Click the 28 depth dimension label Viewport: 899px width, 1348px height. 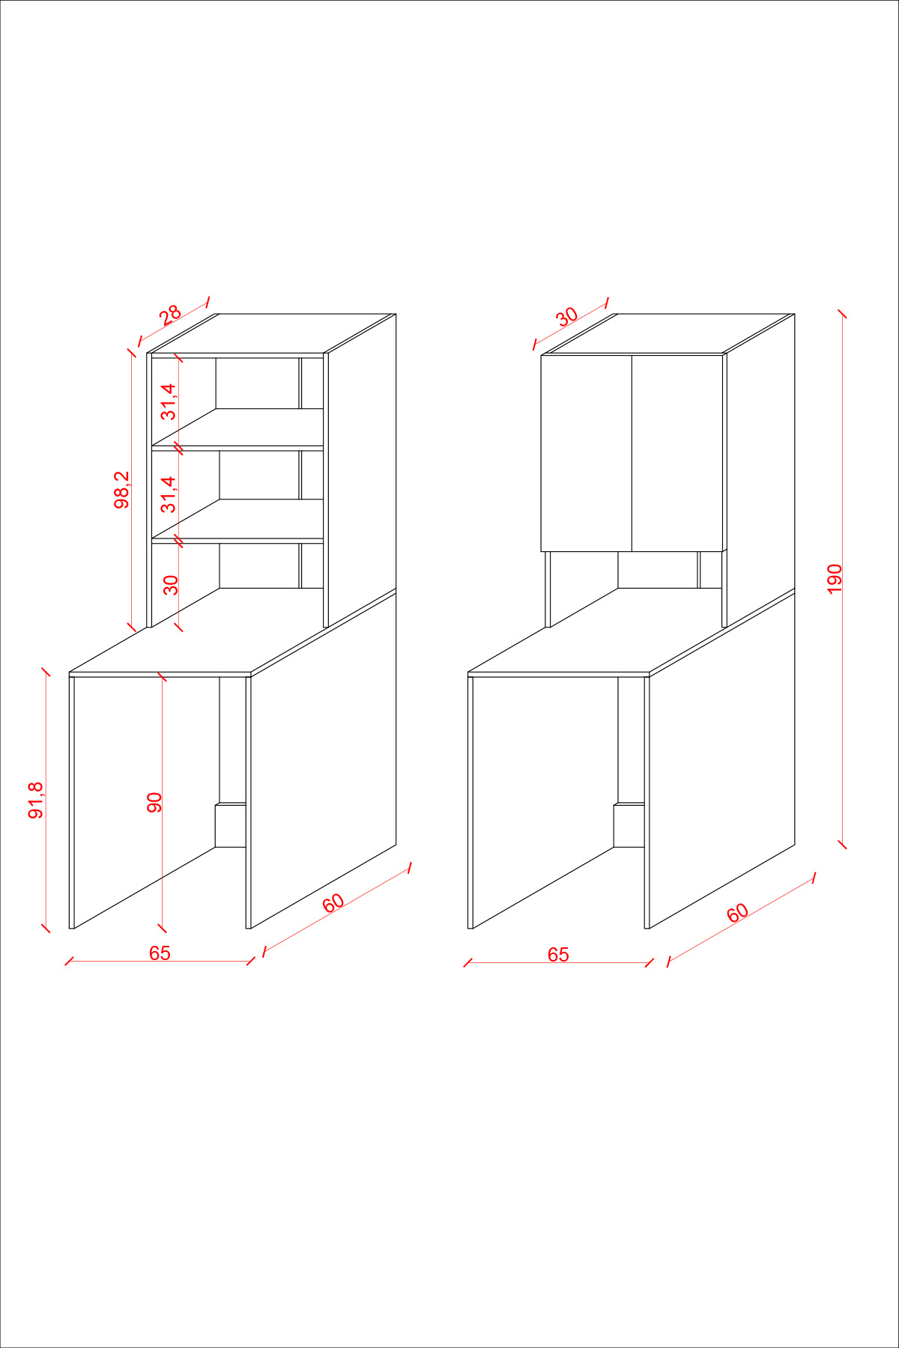[x=171, y=313]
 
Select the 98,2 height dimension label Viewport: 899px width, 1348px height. [x=121, y=490]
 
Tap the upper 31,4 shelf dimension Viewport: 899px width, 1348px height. [x=169, y=401]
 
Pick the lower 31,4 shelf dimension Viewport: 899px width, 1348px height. [x=169, y=494]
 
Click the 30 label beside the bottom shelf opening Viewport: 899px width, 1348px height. [x=172, y=585]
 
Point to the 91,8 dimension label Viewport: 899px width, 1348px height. [x=36, y=800]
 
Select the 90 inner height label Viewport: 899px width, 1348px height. [x=154, y=802]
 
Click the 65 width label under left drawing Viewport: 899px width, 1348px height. [x=160, y=953]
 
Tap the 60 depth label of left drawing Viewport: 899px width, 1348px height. [x=333, y=902]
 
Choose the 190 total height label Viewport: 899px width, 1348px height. [x=835, y=579]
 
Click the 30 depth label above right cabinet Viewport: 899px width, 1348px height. [x=567, y=316]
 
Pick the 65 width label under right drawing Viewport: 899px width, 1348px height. [x=558, y=954]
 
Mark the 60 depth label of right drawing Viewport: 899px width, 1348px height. [x=738, y=913]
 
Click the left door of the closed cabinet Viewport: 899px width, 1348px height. [x=587, y=453]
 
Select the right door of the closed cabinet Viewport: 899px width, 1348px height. [x=677, y=453]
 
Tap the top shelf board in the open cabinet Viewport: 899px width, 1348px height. [x=237, y=428]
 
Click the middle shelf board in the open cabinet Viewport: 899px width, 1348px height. [x=237, y=519]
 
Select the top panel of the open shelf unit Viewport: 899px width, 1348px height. [x=271, y=333]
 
